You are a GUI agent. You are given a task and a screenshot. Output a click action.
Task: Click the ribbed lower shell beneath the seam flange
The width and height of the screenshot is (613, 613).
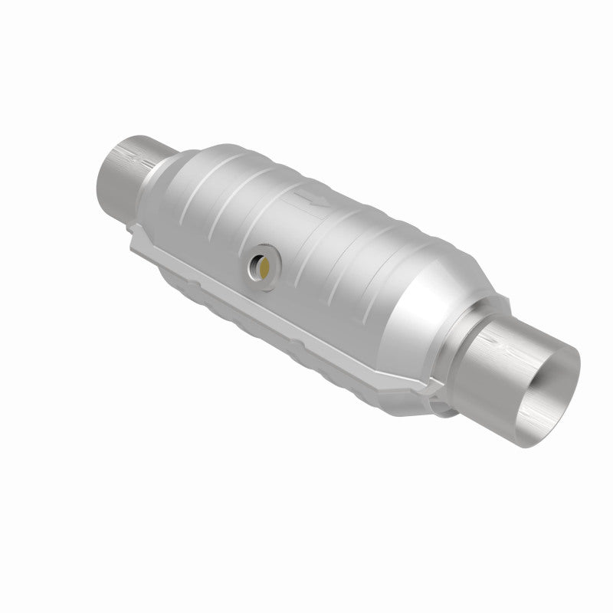click(x=253, y=322)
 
